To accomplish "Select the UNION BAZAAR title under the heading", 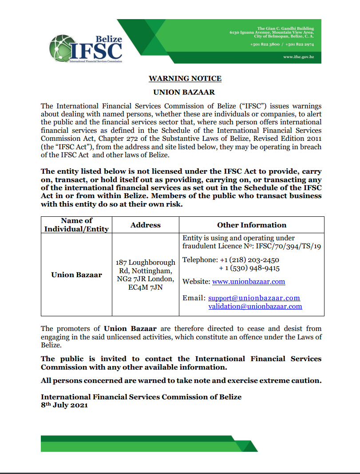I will pyautogui.click(x=184, y=92).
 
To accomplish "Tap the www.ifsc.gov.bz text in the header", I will pyautogui.click(x=299, y=57).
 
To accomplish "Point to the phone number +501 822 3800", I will pyautogui.click(x=265, y=45).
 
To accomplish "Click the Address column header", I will pyautogui.click(x=145, y=225).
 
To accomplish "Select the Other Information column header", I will pyautogui.click(x=252, y=225).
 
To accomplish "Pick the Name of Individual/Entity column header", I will pyautogui.click(x=76, y=225).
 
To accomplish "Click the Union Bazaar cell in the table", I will pyautogui.click(x=76, y=275).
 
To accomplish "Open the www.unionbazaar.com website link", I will pyautogui.click(x=249, y=282).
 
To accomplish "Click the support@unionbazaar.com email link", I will pyautogui.click(x=254, y=298).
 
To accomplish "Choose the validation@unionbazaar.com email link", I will pyautogui.click(x=255, y=307).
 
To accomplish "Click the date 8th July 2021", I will pyautogui.click(x=64, y=405).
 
